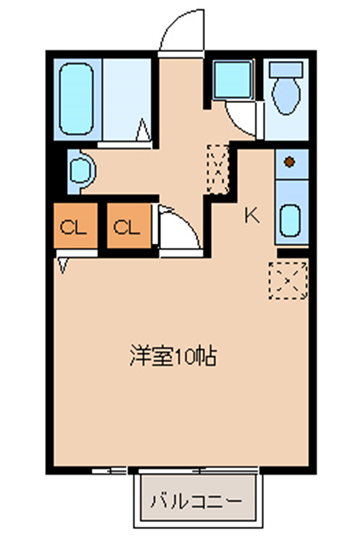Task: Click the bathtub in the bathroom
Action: tap(76, 99)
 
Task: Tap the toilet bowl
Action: tap(286, 96)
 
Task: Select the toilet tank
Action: tap(286, 70)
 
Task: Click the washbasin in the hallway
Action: tap(82, 170)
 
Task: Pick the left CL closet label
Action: tap(73, 227)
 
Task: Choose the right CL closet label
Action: tap(127, 227)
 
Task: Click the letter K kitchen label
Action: tap(252, 216)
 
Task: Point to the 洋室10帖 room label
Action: tap(173, 356)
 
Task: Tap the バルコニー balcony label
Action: tap(196, 501)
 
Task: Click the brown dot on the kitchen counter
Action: tap(290, 162)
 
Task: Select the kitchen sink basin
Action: tap(289, 220)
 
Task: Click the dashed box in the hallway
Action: tap(218, 169)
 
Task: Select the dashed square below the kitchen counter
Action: tap(288, 280)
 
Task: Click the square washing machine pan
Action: tap(232, 80)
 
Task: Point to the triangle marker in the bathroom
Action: tap(143, 129)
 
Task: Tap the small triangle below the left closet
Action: tap(63, 266)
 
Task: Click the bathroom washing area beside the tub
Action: tap(127, 100)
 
